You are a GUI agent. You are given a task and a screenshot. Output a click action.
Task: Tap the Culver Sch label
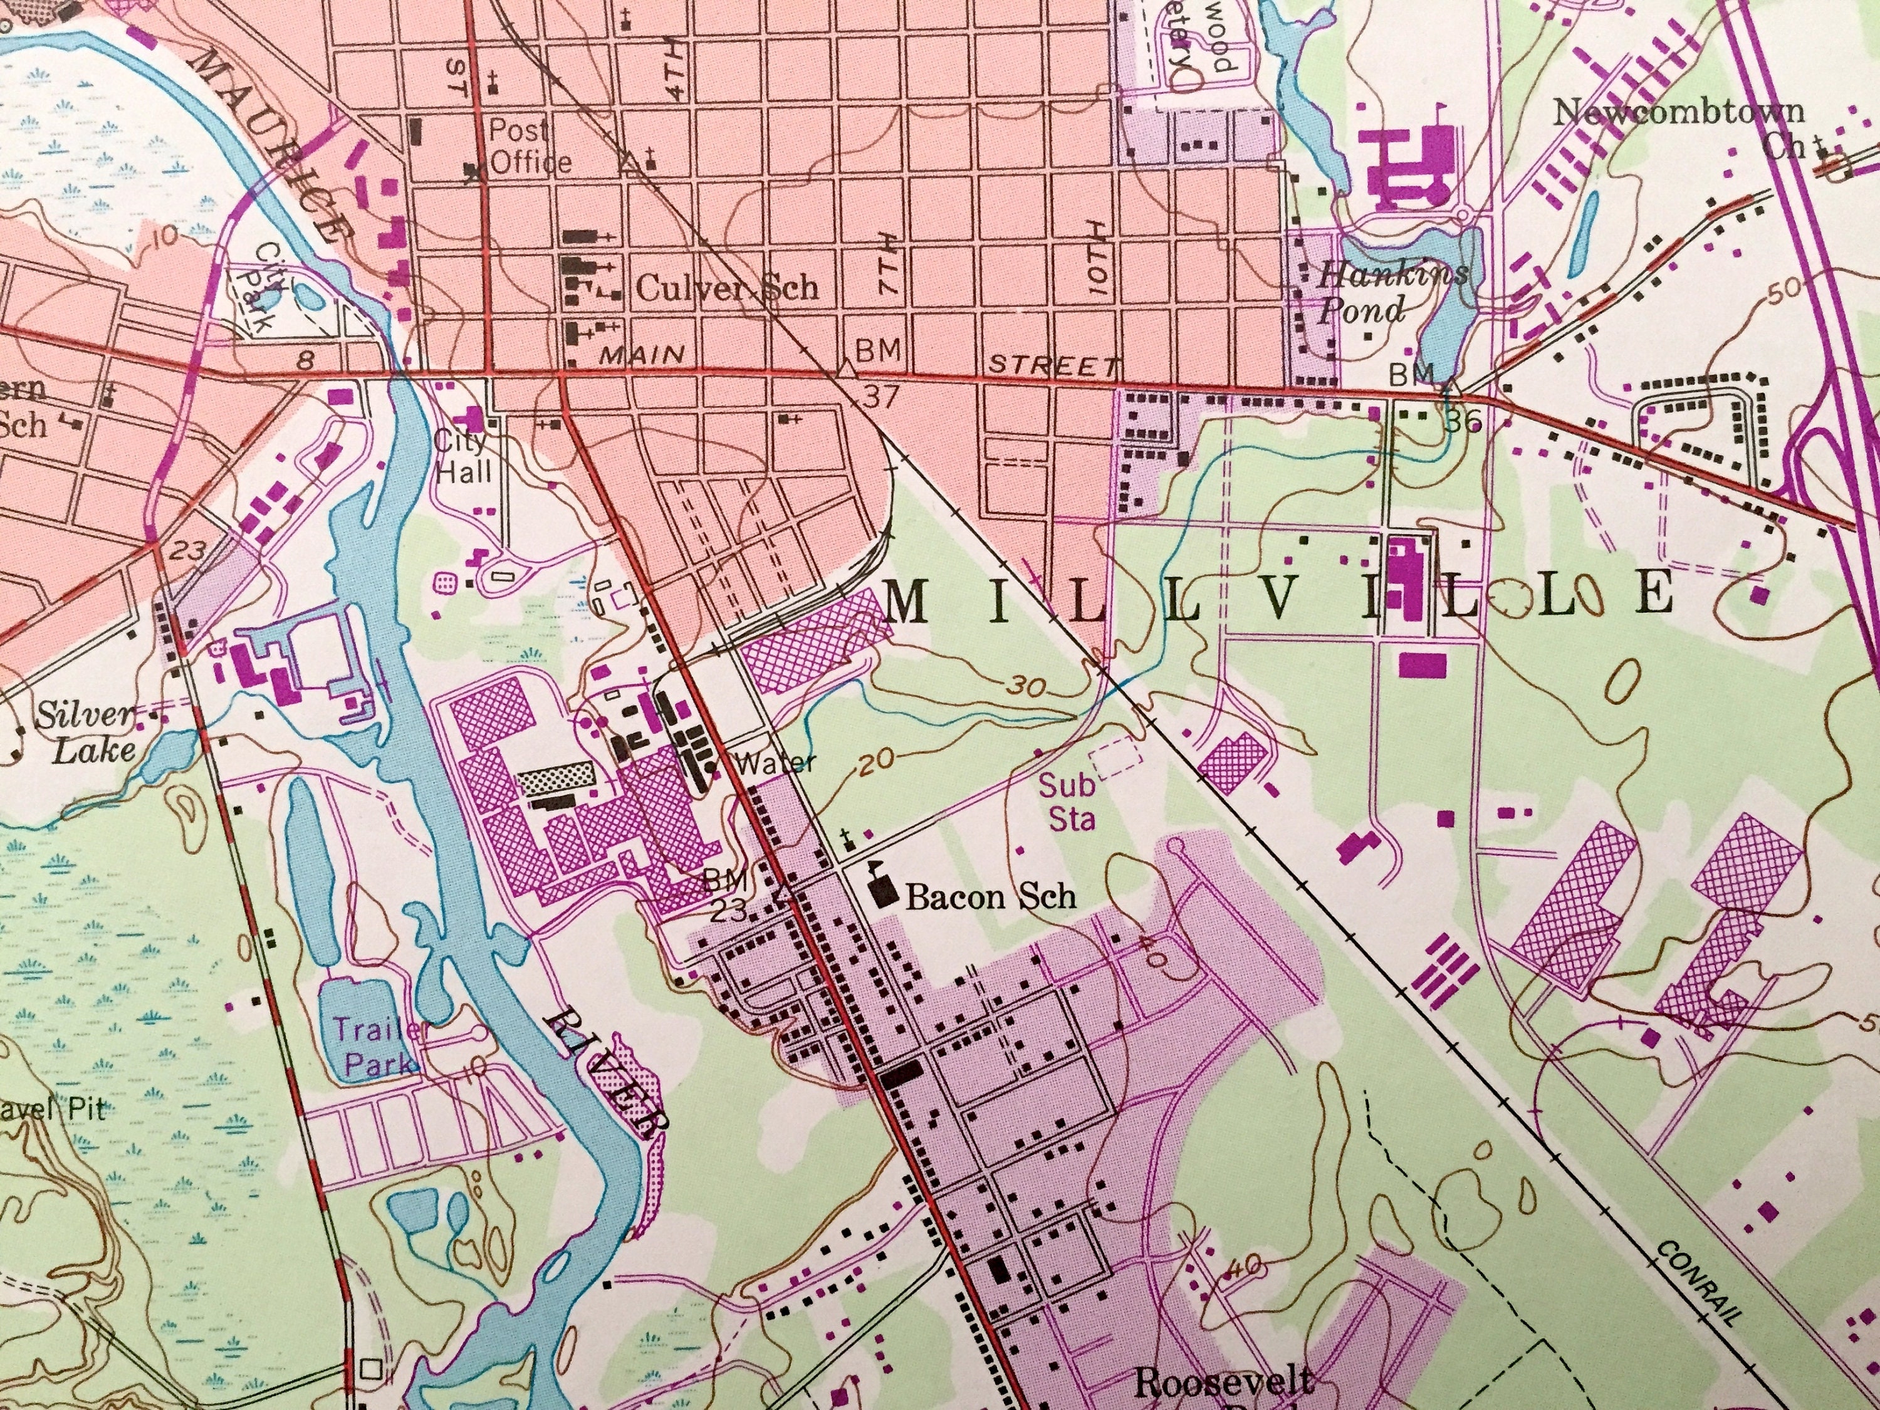(x=727, y=289)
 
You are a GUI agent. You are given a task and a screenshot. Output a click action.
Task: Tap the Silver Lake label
(x=85, y=733)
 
